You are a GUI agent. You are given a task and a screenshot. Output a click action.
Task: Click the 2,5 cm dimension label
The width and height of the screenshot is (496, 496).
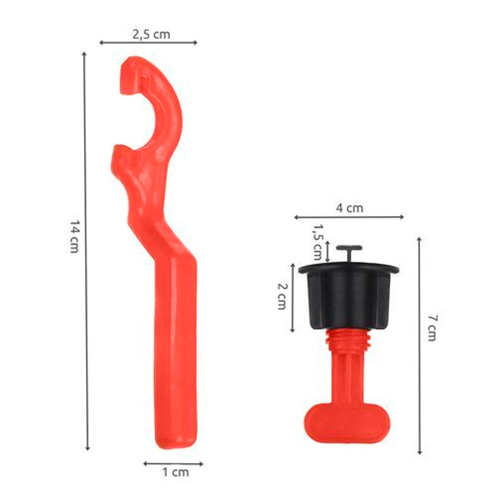pyautogui.click(x=151, y=34)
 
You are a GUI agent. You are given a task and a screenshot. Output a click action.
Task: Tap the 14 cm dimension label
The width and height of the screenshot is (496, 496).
pyautogui.click(x=74, y=237)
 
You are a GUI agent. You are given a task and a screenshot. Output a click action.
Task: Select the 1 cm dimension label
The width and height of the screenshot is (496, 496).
pyautogui.click(x=176, y=472)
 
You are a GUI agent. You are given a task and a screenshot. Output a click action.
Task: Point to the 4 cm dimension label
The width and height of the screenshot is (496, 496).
pyautogui.click(x=350, y=208)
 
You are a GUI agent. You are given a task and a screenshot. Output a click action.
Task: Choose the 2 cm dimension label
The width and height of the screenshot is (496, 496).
pyautogui.click(x=282, y=296)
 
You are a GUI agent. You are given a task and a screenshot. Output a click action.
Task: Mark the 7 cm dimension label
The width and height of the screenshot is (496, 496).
pyautogui.click(x=432, y=328)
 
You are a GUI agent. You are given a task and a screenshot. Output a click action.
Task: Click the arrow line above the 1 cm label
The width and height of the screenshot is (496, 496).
pyautogui.click(x=173, y=464)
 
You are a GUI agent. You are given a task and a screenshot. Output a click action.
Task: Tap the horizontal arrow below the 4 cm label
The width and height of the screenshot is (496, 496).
pyautogui.click(x=349, y=217)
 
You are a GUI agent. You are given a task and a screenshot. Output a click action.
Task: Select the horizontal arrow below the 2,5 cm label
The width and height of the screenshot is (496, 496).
pyautogui.click(x=148, y=42)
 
